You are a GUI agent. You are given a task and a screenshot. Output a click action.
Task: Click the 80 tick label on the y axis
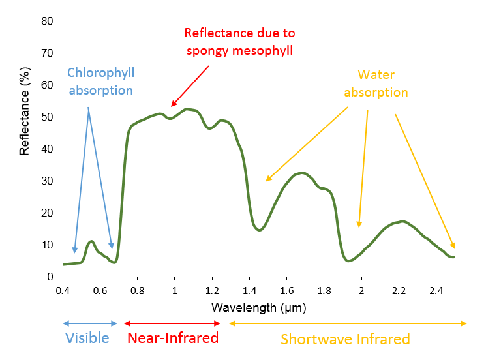(46, 21)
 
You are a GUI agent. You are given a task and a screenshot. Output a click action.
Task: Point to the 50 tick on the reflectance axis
(46, 117)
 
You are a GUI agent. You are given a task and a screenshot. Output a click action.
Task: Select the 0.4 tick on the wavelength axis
(63, 290)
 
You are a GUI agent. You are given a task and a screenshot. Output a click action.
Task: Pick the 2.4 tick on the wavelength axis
(436, 290)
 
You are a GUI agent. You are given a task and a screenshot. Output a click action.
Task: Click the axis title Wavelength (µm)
(258, 307)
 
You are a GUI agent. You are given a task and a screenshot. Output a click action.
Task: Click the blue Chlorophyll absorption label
(101, 82)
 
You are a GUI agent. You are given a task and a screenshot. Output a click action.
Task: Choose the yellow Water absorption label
(376, 83)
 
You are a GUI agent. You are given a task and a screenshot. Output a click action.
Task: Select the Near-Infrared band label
(172, 338)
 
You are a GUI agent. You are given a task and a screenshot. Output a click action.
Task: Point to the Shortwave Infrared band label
(345, 339)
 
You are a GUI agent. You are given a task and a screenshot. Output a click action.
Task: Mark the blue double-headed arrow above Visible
(89, 323)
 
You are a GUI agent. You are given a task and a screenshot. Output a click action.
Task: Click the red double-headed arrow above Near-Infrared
(172, 323)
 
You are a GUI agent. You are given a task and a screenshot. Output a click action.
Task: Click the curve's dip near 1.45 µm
(260, 230)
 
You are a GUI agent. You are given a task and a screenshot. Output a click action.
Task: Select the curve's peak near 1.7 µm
(301, 173)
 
